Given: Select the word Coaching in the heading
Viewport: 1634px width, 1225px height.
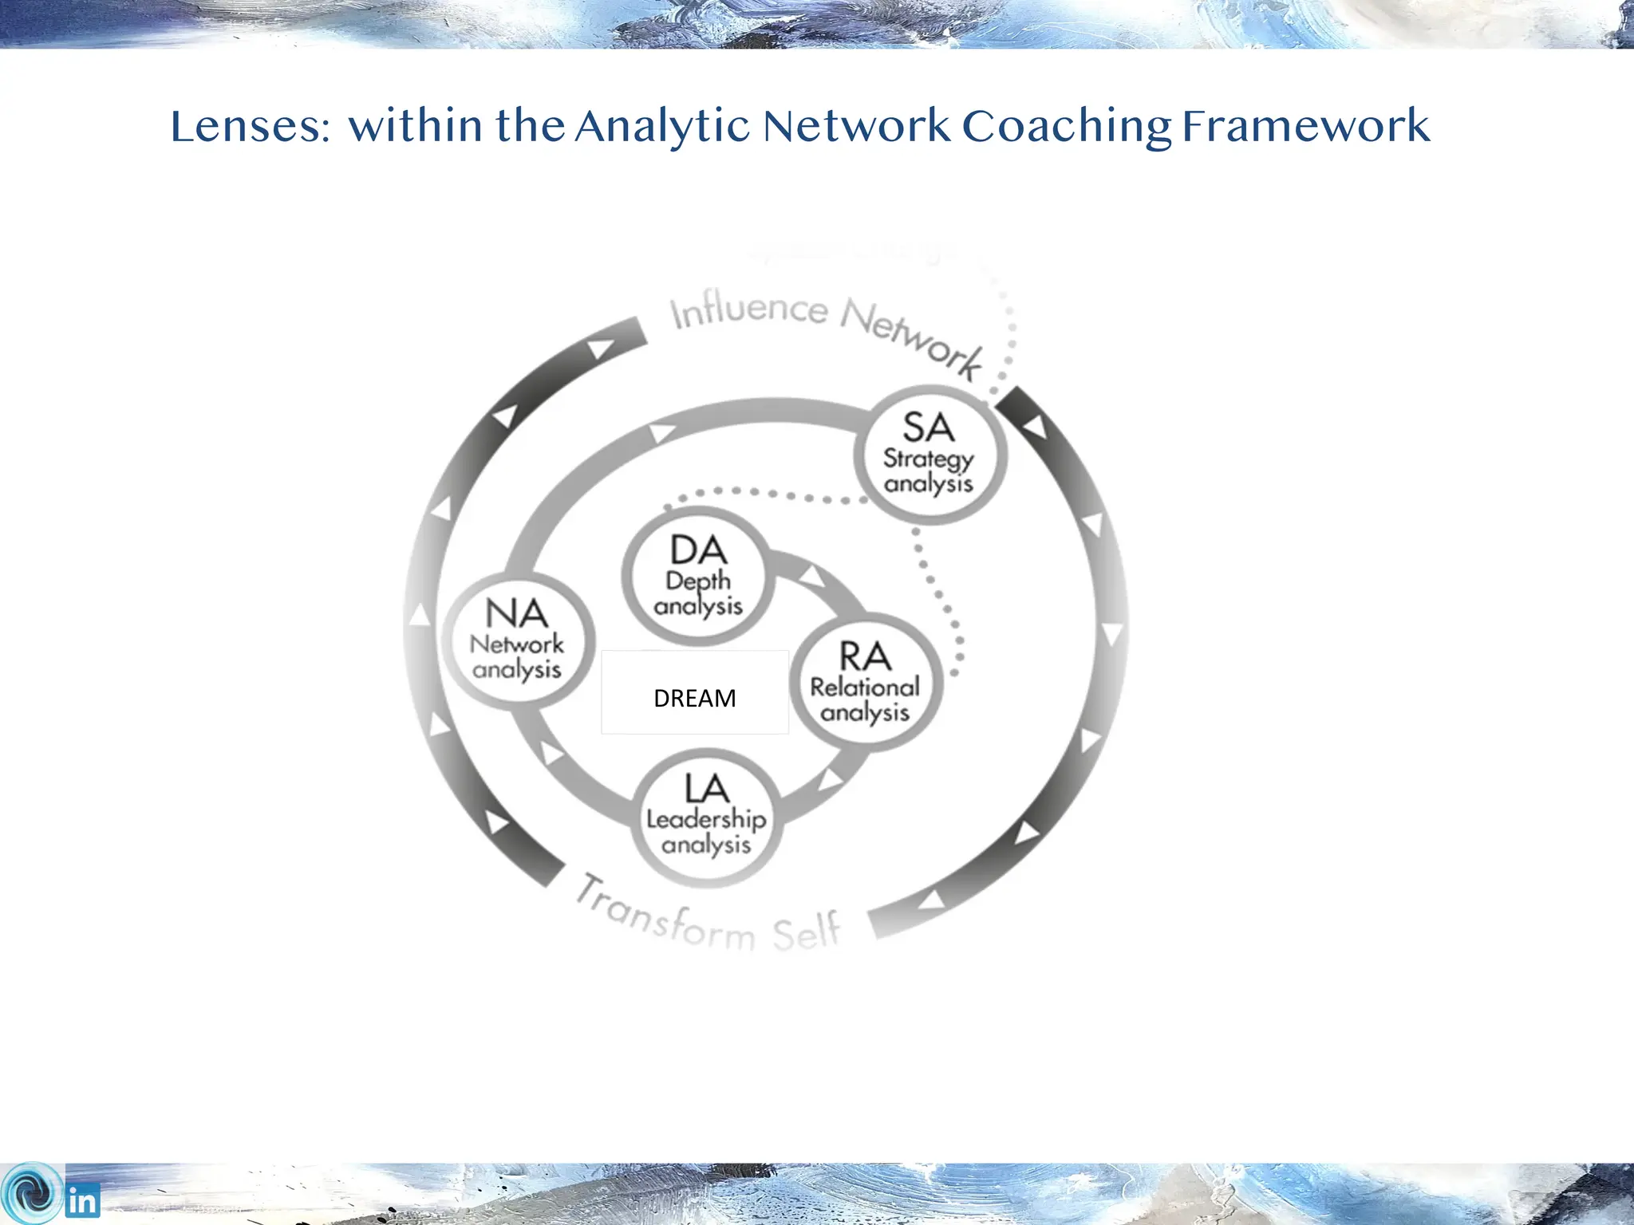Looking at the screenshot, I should [1066, 128].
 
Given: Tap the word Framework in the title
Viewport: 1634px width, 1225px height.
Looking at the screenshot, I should [1306, 128].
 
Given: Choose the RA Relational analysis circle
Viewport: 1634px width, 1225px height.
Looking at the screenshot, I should [866, 683].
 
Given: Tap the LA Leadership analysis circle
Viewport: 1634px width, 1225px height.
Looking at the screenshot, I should [706, 817].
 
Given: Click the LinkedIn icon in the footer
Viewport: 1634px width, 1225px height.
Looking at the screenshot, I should [83, 1201].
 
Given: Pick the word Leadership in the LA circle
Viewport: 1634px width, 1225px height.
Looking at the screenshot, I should [706, 820].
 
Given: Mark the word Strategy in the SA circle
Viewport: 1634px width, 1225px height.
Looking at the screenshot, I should [929, 459].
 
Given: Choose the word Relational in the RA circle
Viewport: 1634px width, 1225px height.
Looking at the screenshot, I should [866, 687].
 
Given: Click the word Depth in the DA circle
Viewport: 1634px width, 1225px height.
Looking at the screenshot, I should [698, 581].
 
